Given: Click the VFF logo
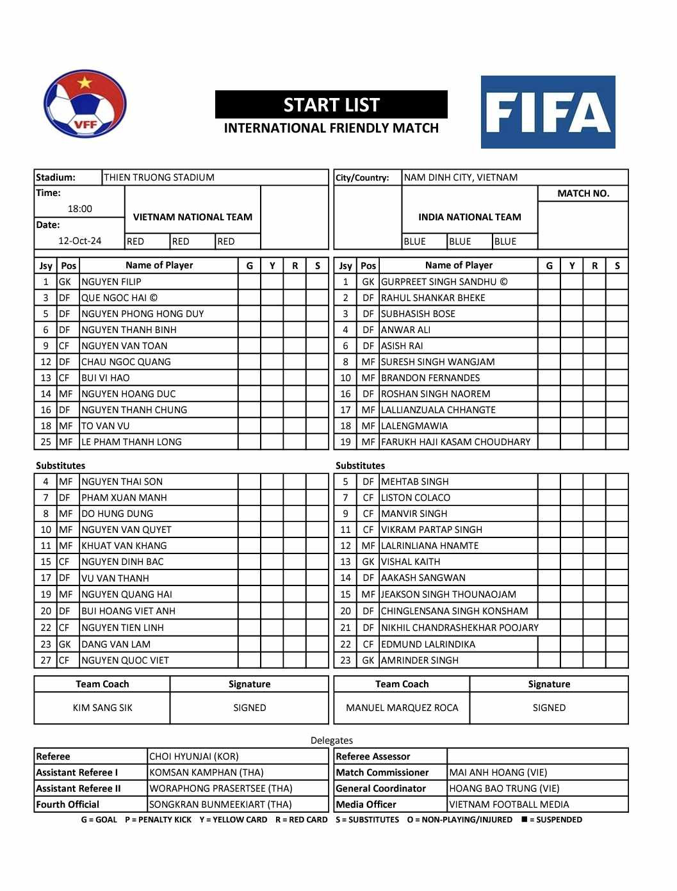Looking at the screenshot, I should tap(85, 104).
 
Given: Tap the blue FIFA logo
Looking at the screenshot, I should tap(548, 112).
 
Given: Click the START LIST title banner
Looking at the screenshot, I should tap(331, 105).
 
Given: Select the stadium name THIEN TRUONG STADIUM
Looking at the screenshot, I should tap(159, 177).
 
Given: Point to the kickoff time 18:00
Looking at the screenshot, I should tap(79, 209).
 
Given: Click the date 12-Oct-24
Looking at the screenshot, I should tap(79, 241).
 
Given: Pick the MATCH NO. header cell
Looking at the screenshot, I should tap(583, 193).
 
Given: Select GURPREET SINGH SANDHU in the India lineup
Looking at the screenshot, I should tap(444, 282).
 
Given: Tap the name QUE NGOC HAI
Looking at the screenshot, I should tap(119, 298).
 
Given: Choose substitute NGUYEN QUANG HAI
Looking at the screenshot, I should tap(127, 594).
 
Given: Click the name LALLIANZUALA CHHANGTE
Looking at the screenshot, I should tap(438, 410).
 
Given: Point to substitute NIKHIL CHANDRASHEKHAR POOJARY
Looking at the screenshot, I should tap(459, 628).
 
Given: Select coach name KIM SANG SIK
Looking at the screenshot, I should tap(102, 708).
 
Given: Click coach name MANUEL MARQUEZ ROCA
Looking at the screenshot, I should tap(402, 708).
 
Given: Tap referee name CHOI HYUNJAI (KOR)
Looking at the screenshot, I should tap(193, 756).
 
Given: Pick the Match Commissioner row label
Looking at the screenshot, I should tap(382, 772).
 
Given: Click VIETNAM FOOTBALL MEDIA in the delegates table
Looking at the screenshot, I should tap(509, 805).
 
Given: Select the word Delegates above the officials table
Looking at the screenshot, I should tap(331, 740).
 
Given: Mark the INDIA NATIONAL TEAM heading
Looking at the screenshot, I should tap(469, 217).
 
